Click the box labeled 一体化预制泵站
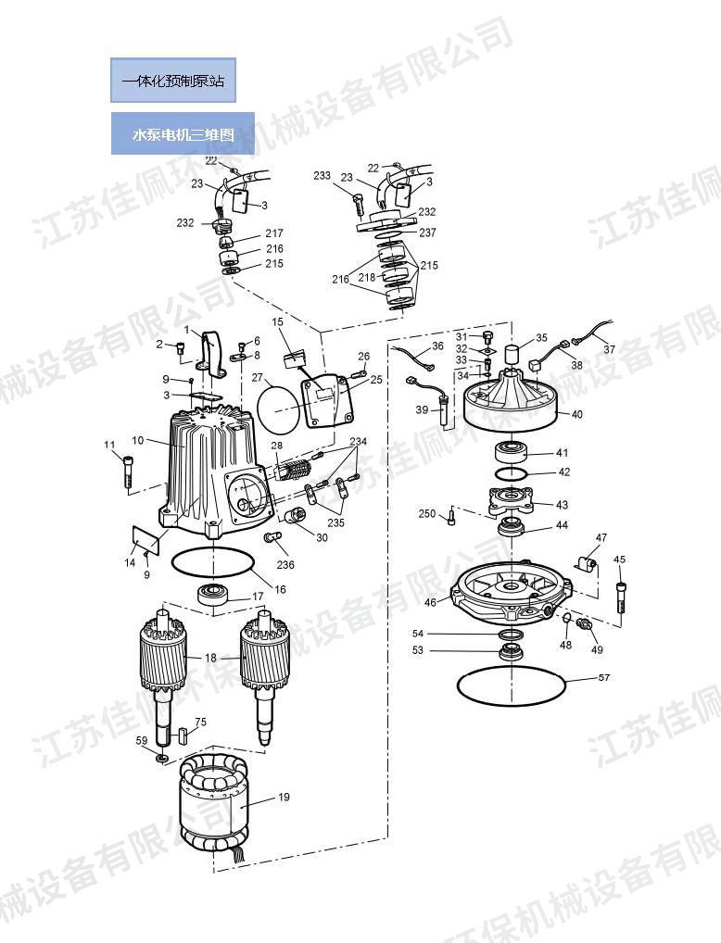point(173,81)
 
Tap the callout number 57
point(604,678)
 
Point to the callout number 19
point(284,796)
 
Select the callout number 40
point(577,414)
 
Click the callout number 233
point(322,176)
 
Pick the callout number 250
point(426,514)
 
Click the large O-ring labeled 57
point(511,686)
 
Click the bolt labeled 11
point(127,471)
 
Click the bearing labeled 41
point(512,453)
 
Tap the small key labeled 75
point(183,736)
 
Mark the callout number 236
point(285,565)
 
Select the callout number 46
point(430,602)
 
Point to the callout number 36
point(437,346)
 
